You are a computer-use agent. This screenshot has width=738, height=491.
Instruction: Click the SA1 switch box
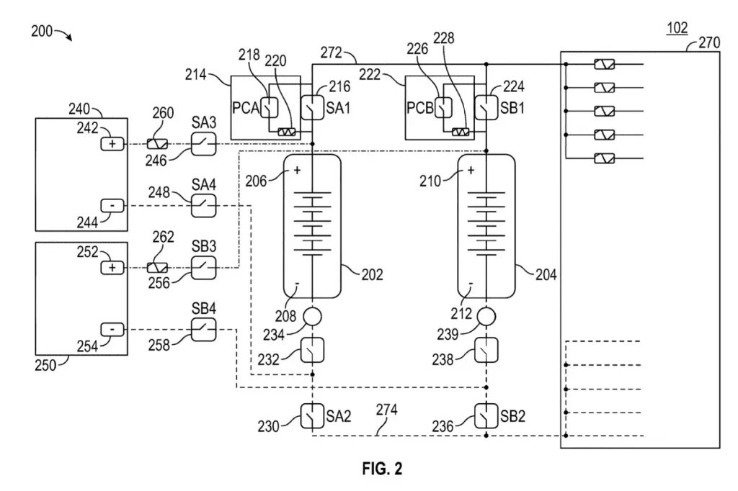312,108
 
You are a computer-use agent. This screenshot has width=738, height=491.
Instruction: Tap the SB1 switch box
486,108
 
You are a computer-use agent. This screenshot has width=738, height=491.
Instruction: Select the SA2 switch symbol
312,415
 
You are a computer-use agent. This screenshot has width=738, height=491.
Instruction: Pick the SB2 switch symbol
486,415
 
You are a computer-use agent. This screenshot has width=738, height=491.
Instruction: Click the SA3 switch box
204,143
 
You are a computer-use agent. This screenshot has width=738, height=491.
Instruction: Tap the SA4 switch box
204,205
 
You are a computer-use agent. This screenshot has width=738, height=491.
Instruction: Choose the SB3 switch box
204,268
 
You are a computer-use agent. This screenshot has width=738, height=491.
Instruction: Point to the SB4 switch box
204,329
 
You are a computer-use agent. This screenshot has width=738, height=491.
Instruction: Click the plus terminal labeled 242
112,143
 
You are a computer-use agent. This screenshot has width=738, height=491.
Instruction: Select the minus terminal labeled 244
112,205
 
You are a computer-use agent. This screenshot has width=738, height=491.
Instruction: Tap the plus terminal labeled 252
112,268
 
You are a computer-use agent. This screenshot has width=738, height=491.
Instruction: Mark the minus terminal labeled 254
112,329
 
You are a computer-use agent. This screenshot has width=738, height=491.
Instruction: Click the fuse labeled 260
157,144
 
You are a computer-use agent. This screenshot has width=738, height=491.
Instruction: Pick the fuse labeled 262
157,268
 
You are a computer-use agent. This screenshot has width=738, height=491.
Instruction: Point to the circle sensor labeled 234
312,317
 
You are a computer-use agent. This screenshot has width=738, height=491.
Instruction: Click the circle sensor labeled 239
486,317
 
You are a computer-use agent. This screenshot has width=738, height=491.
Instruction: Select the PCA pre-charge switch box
269,108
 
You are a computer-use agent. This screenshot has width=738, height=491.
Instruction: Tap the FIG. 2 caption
382,469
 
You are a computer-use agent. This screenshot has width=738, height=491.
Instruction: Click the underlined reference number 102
677,28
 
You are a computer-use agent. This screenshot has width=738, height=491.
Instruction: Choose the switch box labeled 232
312,350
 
